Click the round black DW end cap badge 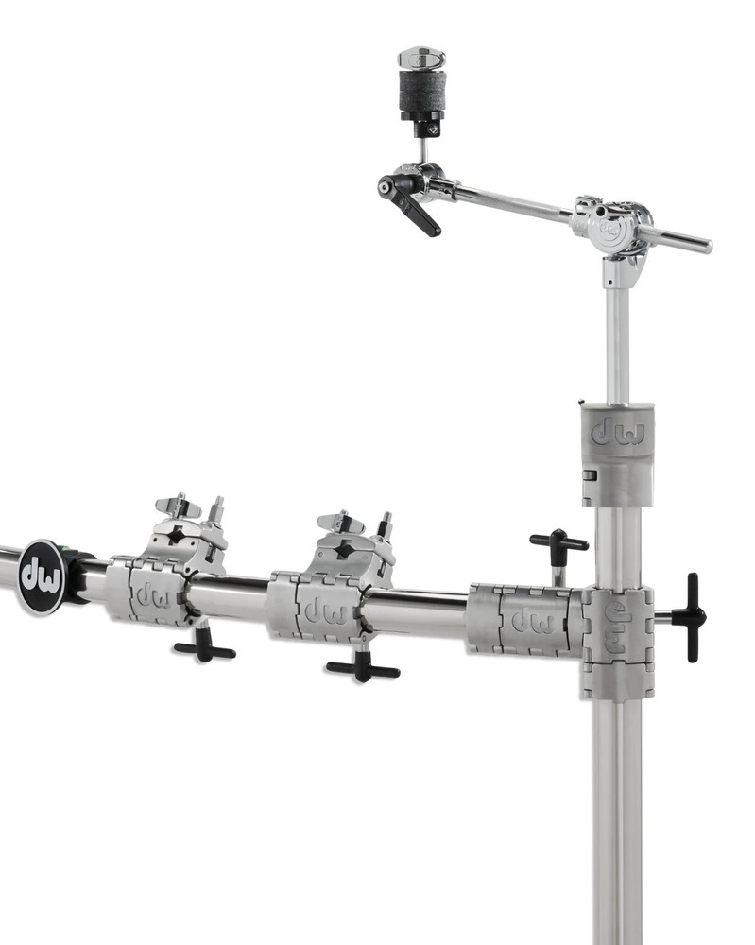pos(42,577)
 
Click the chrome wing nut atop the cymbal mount pos(421,59)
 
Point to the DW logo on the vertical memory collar pos(617,434)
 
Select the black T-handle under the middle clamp pos(363,668)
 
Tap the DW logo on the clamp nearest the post pos(530,621)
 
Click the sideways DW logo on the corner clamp pos(617,627)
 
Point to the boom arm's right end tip pos(707,247)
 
